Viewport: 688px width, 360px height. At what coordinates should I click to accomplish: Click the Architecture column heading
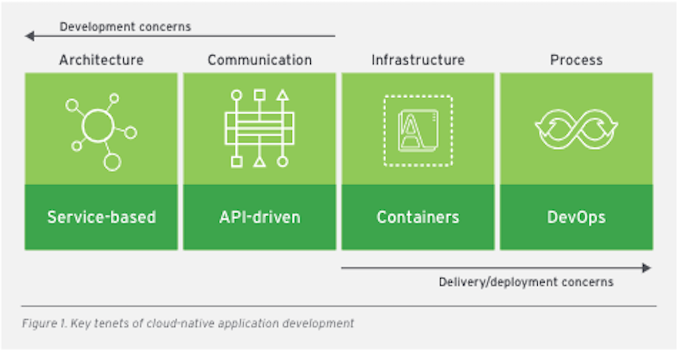coord(101,60)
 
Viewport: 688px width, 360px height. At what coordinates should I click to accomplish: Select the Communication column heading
coord(259,60)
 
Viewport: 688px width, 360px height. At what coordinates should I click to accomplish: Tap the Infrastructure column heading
coord(418,60)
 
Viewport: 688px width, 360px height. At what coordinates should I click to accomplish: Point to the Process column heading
coord(576,60)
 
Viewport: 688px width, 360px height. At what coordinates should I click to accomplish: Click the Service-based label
coord(101,217)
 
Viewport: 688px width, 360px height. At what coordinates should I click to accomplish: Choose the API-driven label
coord(259,217)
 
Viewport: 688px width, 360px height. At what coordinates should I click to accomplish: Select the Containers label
coord(418,217)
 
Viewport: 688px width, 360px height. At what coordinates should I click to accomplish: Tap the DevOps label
coord(576,217)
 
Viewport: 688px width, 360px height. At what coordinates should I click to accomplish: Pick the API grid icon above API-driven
coord(259,128)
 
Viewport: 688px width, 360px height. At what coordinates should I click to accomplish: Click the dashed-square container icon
coord(418,130)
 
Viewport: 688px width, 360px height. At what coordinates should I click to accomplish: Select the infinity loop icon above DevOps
coord(576,129)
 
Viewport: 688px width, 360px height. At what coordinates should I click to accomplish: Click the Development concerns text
coord(125,26)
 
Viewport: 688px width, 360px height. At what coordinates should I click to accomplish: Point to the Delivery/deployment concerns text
coord(526,282)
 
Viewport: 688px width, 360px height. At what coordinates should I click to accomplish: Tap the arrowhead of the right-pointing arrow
coord(647,268)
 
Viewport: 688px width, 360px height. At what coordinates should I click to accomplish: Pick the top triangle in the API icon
coord(282,95)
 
